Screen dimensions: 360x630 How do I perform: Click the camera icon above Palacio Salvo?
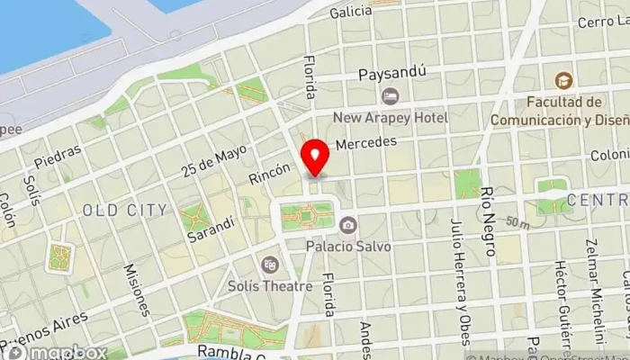tap(347, 224)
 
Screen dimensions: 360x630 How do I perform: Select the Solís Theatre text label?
tap(270, 286)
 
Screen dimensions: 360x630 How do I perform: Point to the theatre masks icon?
tap(268, 265)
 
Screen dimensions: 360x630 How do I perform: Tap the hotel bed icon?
tap(390, 95)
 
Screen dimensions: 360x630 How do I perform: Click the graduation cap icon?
tap(564, 81)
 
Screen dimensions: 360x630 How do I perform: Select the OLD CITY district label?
tap(124, 210)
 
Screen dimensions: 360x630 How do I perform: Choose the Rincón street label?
tap(270, 175)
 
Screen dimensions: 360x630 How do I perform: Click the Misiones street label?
tap(137, 290)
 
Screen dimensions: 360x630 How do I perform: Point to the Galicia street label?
tap(351, 12)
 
